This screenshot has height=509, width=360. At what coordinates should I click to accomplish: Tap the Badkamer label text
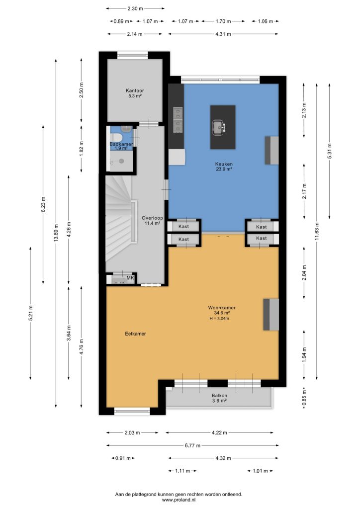click(121, 144)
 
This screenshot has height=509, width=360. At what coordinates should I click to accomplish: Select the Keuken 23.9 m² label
click(224, 167)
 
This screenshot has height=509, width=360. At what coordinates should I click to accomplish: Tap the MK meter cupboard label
click(130, 278)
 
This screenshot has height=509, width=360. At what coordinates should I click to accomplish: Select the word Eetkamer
click(135, 334)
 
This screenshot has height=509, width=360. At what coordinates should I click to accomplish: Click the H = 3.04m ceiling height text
click(219, 319)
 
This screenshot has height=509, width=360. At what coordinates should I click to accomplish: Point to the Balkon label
click(219, 396)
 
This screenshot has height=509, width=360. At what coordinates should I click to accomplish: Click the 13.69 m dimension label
click(56, 233)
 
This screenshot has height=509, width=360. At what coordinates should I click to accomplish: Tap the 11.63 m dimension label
click(317, 231)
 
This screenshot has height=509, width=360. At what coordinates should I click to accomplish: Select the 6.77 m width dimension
click(192, 445)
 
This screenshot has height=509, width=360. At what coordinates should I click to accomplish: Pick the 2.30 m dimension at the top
click(135, 8)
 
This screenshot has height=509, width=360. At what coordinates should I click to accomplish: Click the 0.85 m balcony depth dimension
click(304, 398)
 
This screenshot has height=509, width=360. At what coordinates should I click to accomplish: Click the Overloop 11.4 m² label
click(152, 221)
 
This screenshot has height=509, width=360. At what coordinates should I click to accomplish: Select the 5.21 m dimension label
click(30, 313)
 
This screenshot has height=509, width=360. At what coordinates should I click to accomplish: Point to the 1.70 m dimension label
click(223, 21)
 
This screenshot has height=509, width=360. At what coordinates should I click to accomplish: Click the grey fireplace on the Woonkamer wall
click(270, 315)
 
